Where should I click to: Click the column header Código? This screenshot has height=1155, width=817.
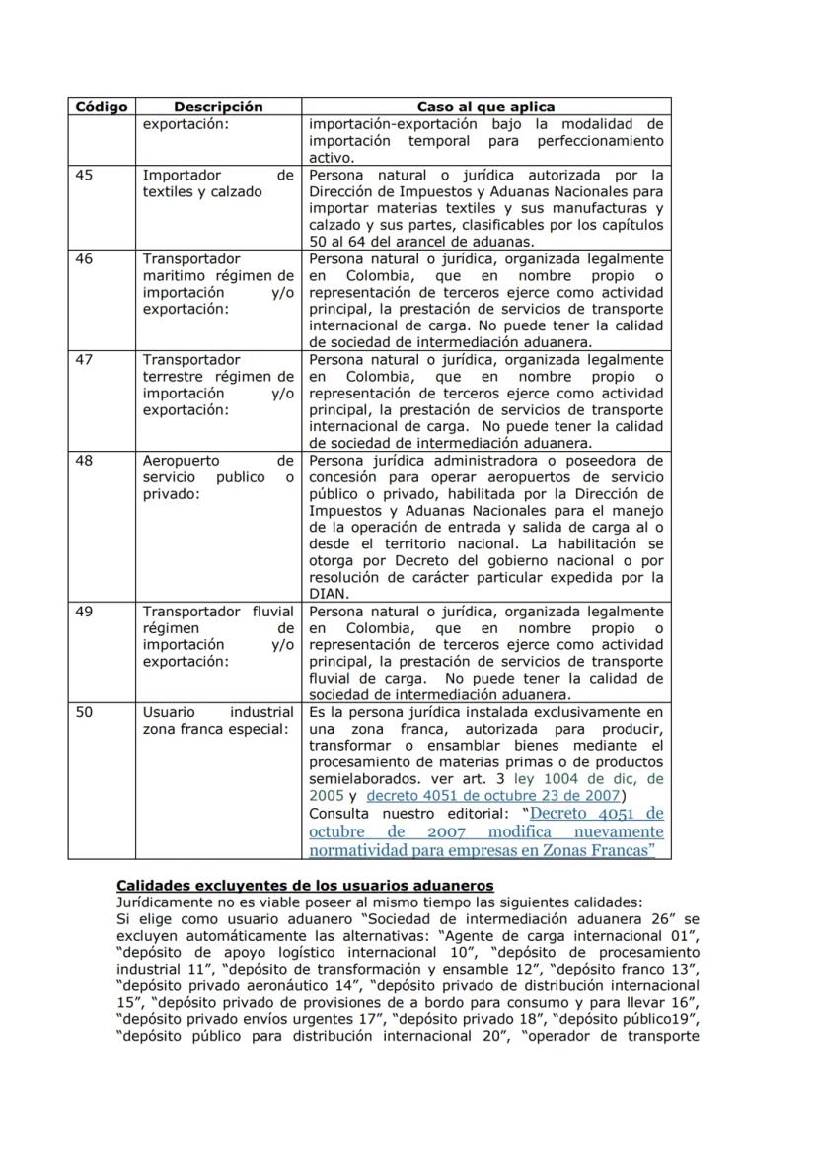[x=101, y=107]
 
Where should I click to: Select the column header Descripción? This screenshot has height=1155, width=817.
[x=218, y=107]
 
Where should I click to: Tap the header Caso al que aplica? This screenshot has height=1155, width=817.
[x=485, y=107]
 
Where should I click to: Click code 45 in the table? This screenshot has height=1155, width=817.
[x=85, y=175]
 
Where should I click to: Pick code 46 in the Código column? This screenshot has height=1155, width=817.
[x=85, y=258]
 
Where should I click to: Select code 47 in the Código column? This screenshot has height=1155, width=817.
[x=85, y=360]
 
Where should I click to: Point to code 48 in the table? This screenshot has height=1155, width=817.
[x=85, y=461]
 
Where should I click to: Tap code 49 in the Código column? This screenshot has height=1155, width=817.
[x=85, y=612]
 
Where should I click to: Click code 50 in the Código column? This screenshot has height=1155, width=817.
[x=85, y=712]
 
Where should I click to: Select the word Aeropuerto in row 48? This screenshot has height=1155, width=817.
[x=182, y=461]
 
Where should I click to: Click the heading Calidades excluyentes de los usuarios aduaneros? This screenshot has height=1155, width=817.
[x=305, y=886]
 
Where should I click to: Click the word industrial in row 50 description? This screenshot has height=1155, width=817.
[x=261, y=712]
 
